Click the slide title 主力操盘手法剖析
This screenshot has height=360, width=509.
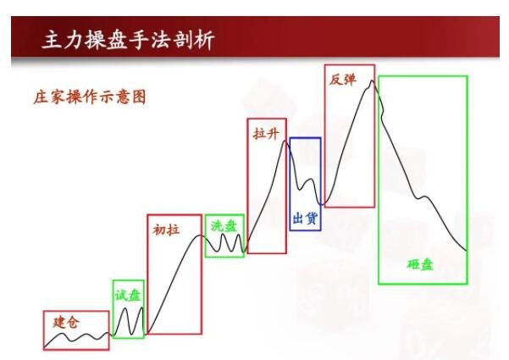(x=128, y=41)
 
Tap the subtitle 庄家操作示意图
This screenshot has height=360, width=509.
(x=90, y=97)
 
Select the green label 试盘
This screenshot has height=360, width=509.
(x=129, y=295)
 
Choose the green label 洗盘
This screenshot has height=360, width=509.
(x=224, y=226)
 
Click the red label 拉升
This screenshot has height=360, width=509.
(x=265, y=133)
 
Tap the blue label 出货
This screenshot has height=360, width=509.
(x=305, y=218)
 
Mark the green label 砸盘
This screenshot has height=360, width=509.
(x=420, y=264)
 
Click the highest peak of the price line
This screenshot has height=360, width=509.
(x=371, y=81)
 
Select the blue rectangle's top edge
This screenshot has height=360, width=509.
(x=305, y=138)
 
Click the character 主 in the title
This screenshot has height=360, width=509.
(x=53, y=41)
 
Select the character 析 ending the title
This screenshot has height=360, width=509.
(x=202, y=41)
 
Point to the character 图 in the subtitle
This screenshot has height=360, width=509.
(x=139, y=97)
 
